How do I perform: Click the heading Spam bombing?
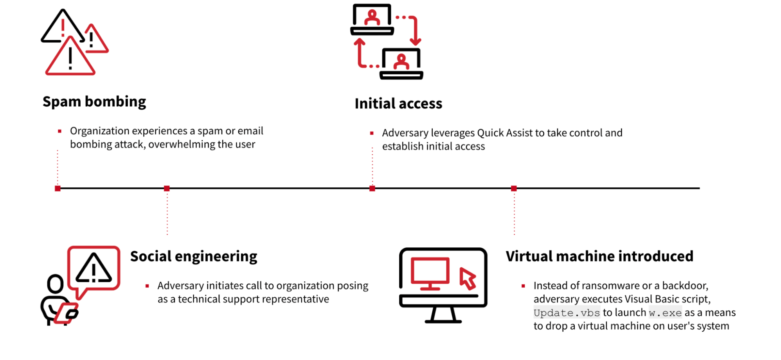pos(94,101)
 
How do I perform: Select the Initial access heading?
pos(398,104)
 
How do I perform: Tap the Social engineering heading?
pos(194,256)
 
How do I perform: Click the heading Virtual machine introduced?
pos(599,256)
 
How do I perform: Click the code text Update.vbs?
pos(567,313)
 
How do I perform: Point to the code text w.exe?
pos(665,313)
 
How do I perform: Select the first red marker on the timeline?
pos(58,189)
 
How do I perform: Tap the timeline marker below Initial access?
pos(372,189)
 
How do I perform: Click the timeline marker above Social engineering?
pos(167,189)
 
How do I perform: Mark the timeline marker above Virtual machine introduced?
pos(514,189)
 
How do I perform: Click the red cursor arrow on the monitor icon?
pos(468,278)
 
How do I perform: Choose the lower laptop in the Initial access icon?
pos(401,64)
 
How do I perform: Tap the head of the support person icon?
pos(55,283)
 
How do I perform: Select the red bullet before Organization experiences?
pos(59,131)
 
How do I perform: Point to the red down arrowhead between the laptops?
pos(415,41)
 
